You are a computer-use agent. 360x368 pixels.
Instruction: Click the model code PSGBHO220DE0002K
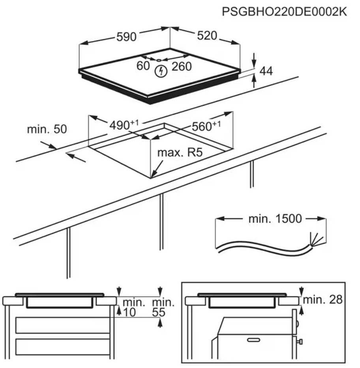284,11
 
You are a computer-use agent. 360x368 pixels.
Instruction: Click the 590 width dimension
126,37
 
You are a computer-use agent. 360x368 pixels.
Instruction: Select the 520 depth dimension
207,36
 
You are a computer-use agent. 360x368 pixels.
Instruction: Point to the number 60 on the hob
143,66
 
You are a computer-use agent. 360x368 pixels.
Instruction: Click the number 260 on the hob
181,66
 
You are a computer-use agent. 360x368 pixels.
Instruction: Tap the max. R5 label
180,153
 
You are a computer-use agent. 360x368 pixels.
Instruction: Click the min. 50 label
47,129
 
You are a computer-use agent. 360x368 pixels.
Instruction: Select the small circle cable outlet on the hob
158,60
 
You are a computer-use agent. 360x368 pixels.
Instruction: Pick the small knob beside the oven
301,341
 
